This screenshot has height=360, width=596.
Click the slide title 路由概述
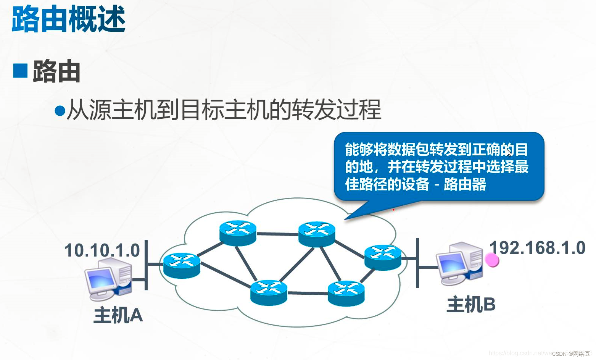(69, 19)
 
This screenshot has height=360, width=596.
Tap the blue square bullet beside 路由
(20, 71)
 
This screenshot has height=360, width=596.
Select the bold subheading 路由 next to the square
(56, 71)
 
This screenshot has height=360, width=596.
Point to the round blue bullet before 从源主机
(60, 111)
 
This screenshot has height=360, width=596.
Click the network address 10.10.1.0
(102, 250)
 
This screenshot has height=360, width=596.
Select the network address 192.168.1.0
(537, 248)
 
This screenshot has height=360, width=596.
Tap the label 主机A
(118, 315)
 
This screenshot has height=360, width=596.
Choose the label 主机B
(471, 305)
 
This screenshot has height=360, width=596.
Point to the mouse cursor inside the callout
(509, 152)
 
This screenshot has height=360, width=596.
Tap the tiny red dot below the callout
(393, 210)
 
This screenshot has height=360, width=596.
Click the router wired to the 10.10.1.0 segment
(182, 265)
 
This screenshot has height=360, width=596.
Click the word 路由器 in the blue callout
(465, 184)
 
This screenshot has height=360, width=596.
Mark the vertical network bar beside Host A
(146, 265)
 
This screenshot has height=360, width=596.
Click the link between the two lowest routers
(307, 293)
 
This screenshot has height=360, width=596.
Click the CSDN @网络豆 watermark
(571, 354)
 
